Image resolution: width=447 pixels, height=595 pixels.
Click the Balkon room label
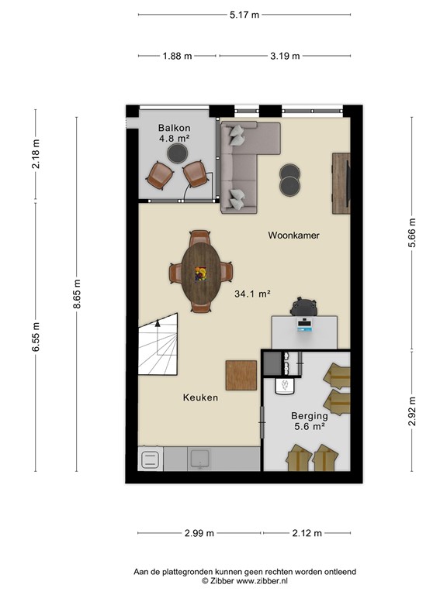point(175,128)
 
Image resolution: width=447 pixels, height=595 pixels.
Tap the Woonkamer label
point(293,236)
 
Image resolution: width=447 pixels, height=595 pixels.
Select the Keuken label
point(200,397)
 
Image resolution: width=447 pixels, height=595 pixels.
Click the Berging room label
point(310,416)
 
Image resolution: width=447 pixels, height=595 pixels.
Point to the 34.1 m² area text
point(252,294)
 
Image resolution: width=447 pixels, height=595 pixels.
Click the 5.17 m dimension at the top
point(244,15)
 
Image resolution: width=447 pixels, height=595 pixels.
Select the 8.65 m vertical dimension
point(77,294)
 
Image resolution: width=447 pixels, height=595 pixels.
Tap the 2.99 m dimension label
point(199,533)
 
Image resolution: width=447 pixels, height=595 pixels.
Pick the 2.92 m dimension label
point(412,411)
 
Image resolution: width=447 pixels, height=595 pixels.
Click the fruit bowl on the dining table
point(201,273)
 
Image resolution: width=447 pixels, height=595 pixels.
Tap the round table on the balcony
point(178,153)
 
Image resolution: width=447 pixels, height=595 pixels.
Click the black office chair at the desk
point(303,307)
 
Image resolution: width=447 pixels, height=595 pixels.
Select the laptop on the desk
point(304,326)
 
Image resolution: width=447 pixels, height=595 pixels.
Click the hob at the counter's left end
point(150,459)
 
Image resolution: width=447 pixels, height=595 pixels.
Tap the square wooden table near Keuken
point(241,375)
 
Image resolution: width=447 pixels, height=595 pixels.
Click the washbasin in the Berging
point(285,387)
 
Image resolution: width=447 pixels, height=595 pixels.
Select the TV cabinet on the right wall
point(341,184)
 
